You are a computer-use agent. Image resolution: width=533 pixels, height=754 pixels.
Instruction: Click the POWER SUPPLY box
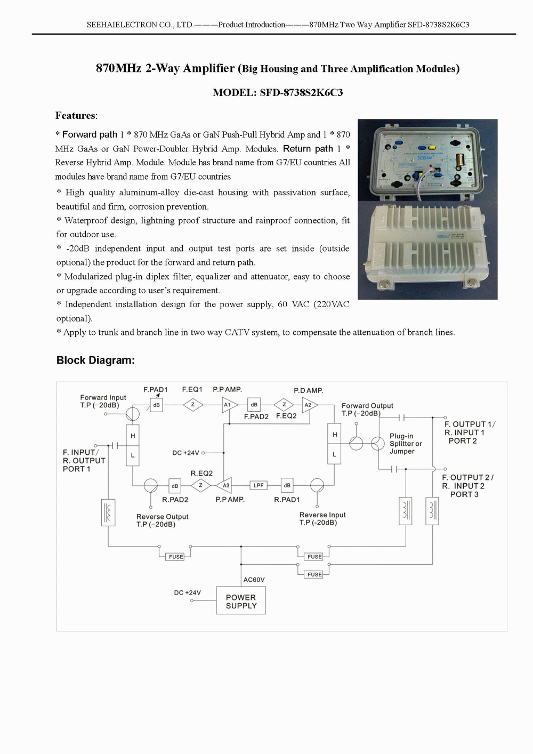coord(241,600)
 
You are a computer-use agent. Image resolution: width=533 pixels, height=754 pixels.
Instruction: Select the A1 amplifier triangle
coord(229,405)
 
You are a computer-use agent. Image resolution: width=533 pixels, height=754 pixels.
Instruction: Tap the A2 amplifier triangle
coord(310,405)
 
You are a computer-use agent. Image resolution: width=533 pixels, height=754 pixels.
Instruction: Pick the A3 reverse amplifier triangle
coord(224,485)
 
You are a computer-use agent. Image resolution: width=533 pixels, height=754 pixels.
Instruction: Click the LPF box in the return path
coord(259,485)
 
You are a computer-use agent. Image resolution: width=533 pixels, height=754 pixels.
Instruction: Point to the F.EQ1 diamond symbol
coord(193,405)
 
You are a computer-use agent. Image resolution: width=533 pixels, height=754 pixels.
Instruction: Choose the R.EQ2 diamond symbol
coord(200,485)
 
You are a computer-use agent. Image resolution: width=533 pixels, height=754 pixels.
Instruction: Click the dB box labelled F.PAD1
coord(157,405)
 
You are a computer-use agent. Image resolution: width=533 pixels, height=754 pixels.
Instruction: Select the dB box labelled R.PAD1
coord(287,485)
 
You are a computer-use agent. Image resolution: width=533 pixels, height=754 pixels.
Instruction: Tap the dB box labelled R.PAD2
coord(175,486)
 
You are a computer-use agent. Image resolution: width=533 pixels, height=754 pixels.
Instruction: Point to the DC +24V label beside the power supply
coord(188,592)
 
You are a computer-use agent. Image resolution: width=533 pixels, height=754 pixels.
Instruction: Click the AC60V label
coord(254,580)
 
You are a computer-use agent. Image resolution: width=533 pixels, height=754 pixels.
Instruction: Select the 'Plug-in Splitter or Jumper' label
coord(406,444)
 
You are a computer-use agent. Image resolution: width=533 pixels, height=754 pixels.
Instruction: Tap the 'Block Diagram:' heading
coord(95,360)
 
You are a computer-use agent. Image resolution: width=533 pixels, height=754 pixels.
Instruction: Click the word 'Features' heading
coord(75,116)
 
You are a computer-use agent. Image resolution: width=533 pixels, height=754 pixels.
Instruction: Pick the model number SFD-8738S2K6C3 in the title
coord(301,92)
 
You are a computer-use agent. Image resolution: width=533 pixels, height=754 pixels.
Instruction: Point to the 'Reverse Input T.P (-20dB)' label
coord(322,519)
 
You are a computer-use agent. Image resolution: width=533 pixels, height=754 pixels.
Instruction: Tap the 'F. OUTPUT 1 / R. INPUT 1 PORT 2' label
coord(470,432)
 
